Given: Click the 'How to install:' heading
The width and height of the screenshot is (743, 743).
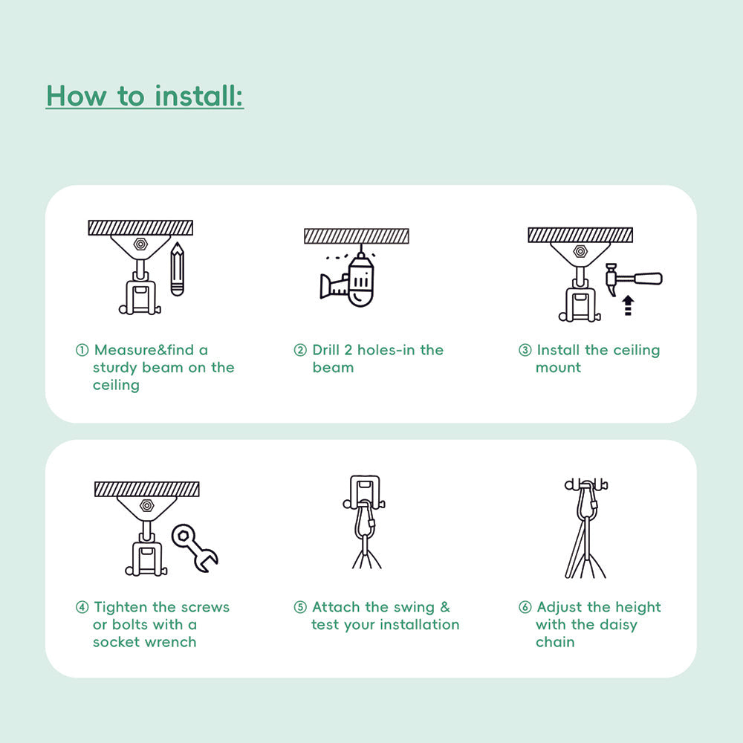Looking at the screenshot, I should tap(145, 96).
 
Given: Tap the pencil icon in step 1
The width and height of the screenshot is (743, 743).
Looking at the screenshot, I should tap(177, 269).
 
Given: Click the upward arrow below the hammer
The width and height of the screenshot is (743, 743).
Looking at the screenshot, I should tap(628, 305).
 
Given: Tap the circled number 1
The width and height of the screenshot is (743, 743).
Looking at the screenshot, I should tap(82, 350).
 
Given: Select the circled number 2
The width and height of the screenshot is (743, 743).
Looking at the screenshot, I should tap(300, 350).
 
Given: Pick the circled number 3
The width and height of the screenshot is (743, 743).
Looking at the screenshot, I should tap(525, 350).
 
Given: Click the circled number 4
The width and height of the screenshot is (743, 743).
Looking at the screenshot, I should tap(82, 608).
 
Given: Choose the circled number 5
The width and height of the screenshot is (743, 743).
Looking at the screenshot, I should tap(300, 608).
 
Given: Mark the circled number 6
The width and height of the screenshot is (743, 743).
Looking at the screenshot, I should tap(525, 608).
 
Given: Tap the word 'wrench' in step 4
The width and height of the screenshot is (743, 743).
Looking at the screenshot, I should tap(170, 642).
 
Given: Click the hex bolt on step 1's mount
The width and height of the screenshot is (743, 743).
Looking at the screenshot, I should tap(140, 244).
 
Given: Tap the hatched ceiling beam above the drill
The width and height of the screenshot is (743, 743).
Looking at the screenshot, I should tap(357, 236).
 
